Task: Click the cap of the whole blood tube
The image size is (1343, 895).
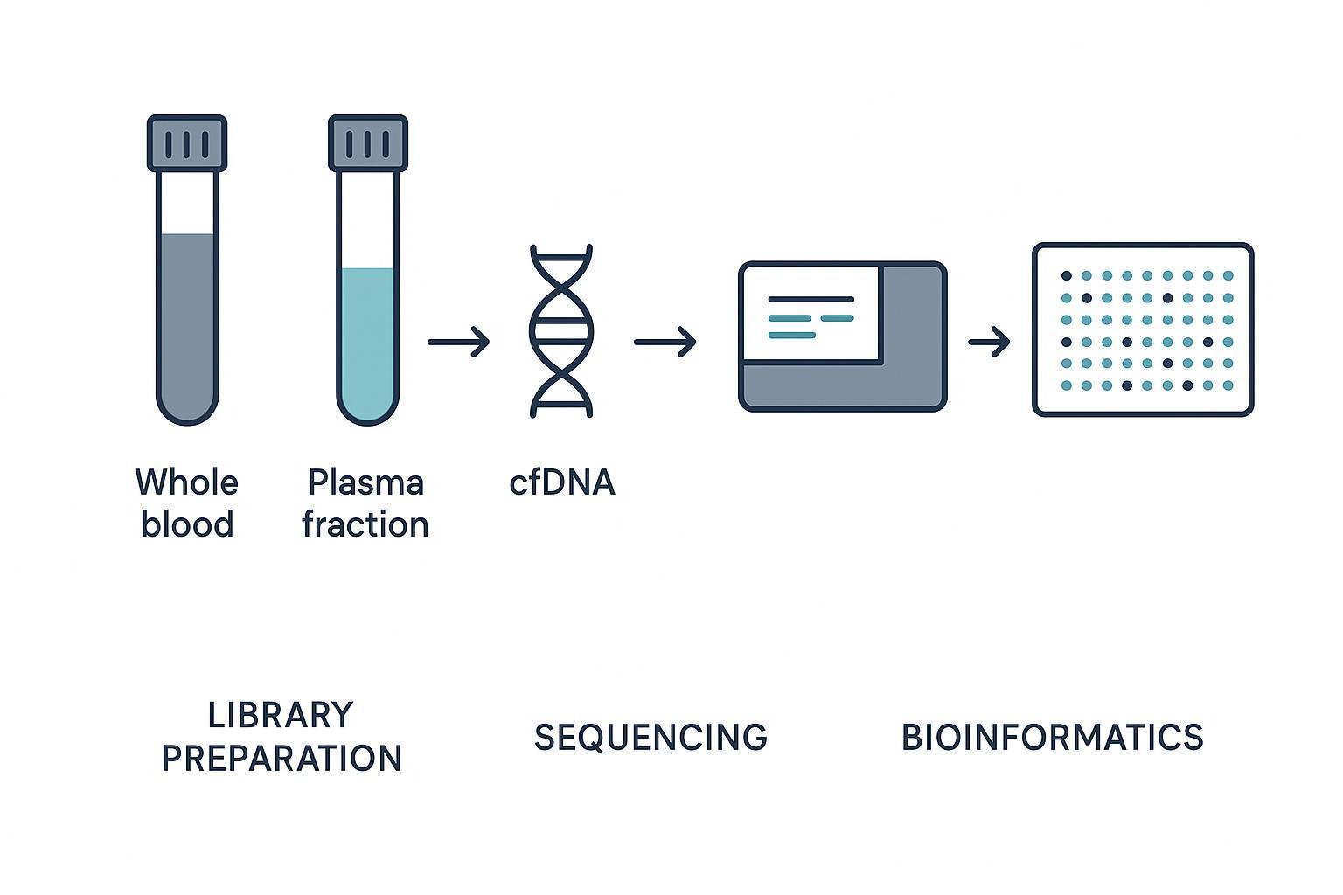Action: [187, 142]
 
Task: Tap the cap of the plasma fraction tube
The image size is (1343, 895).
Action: [368, 142]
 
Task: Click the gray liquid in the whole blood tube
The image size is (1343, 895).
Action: [187, 323]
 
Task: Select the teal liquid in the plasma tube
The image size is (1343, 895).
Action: [368, 341]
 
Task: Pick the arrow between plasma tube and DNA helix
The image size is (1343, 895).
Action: [458, 342]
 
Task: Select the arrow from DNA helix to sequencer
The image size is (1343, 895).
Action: [665, 342]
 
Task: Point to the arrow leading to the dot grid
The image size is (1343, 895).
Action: [989, 342]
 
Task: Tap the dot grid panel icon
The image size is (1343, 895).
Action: [1143, 330]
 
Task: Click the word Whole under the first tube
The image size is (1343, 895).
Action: [187, 482]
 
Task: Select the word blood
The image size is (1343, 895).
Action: [187, 524]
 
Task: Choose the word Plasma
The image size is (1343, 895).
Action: [365, 482]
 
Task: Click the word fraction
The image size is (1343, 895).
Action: [365, 524]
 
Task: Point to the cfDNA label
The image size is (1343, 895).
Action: [562, 482]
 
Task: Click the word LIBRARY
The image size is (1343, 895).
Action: [281, 715]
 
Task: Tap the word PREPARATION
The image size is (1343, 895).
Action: [282, 758]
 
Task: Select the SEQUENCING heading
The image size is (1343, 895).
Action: [651, 737]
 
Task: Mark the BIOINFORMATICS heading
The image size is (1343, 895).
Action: [1052, 737]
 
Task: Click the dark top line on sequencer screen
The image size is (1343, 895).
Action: [811, 300]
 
